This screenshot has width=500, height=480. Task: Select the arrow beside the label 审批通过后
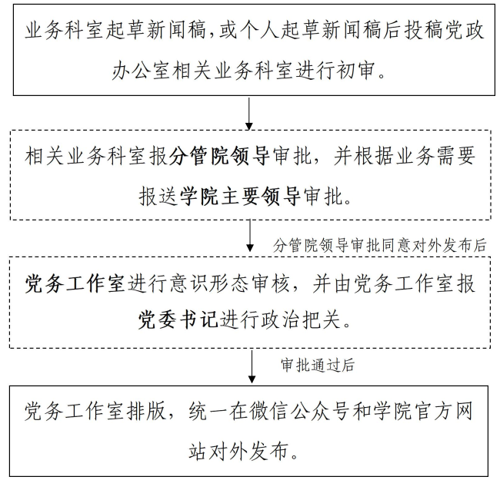click(251, 366)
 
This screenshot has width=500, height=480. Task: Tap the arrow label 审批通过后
click(318, 366)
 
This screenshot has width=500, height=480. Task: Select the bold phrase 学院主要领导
click(239, 197)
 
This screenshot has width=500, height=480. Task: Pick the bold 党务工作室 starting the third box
click(75, 283)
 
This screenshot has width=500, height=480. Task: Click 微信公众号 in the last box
click(298, 411)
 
